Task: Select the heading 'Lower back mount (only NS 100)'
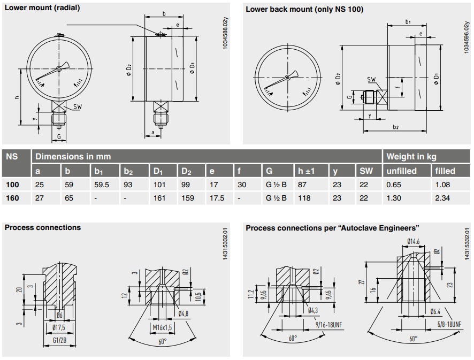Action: pos(304,9)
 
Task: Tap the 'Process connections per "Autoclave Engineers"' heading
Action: pos(332,228)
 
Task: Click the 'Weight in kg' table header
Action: pos(411,157)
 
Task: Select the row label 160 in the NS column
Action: pos(12,197)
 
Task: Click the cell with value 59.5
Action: pos(102,185)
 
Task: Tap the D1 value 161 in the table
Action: pos(159,197)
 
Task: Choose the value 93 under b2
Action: pos(127,185)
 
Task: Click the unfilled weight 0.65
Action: pos(394,185)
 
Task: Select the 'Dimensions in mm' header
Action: pos(73,157)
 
